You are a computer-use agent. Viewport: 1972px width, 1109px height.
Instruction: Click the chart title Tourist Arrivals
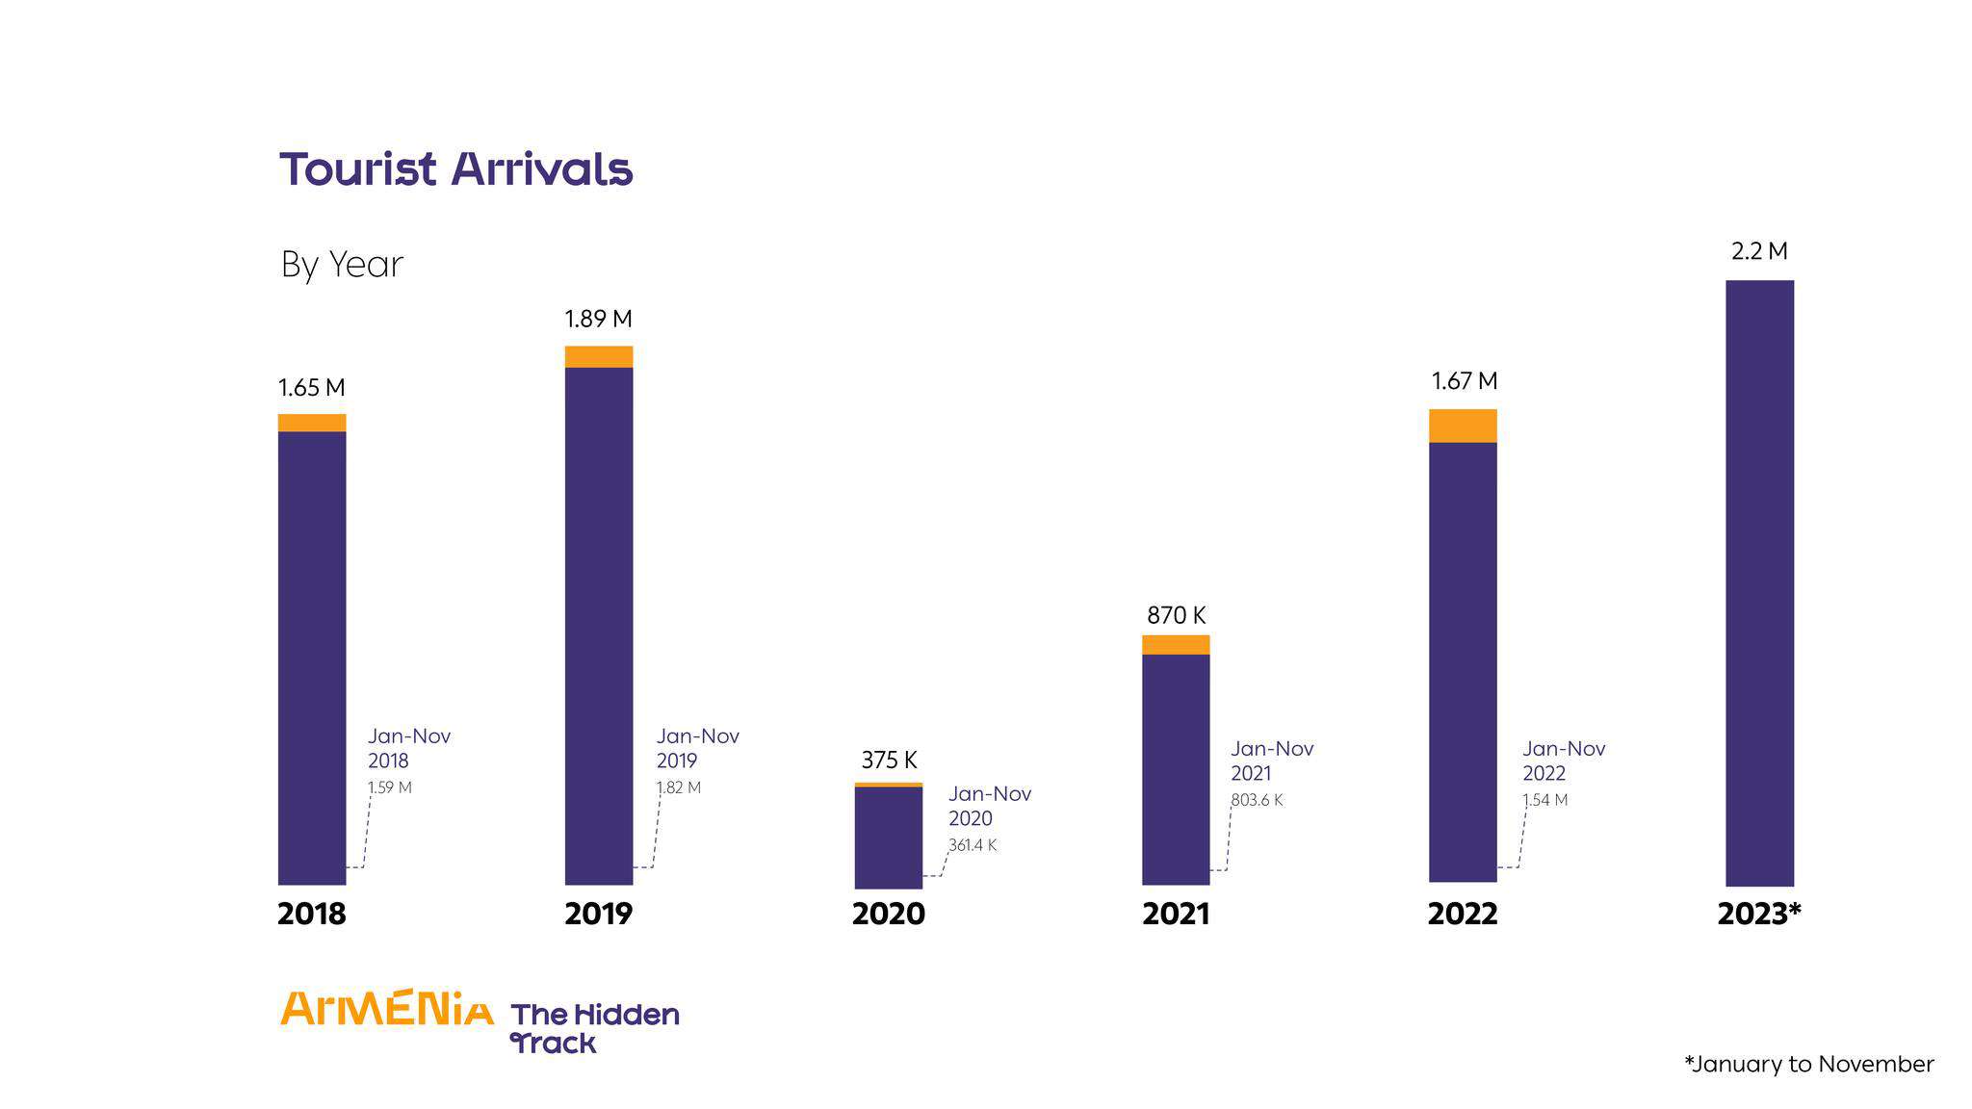[x=455, y=169]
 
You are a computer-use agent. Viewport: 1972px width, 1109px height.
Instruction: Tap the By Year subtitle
[x=342, y=265]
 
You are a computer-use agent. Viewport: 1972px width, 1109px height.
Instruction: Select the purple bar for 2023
[x=1759, y=582]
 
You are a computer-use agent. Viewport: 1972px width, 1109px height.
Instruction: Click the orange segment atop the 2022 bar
[x=1463, y=426]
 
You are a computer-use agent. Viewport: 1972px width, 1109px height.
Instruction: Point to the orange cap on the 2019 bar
[x=598, y=357]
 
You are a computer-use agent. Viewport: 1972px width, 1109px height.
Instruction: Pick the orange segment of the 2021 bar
[x=1176, y=645]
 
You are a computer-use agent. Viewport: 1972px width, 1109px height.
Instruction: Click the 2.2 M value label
[x=1759, y=251]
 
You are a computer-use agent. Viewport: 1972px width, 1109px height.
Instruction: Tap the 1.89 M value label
[x=598, y=319]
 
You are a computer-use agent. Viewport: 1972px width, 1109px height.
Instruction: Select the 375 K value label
[x=889, y=761]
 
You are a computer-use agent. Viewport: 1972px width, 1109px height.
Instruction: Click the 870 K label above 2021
[x=1176, y=615]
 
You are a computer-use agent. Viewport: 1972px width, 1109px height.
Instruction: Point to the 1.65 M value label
[x=311, y=388]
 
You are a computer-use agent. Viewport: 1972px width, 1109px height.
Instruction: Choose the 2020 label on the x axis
[x=888, y=914]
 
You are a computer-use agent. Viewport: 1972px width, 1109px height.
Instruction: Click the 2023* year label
[x=1758, y=914]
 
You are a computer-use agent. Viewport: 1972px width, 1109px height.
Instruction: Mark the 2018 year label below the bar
[x=311, y=914]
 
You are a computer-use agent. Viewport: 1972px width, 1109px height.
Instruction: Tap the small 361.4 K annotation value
[x=973, y=845]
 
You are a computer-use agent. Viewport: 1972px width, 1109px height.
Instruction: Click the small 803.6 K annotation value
[x=1257, y=800]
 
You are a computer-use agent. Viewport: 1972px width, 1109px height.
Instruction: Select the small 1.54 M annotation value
[x=1544, y=800]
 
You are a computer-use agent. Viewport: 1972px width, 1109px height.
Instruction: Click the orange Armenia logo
[x=386, y=1008]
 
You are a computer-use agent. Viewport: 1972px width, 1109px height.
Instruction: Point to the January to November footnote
[x=1808, y=1064]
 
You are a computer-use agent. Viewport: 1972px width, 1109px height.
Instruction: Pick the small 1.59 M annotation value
[x=389, y=787]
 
